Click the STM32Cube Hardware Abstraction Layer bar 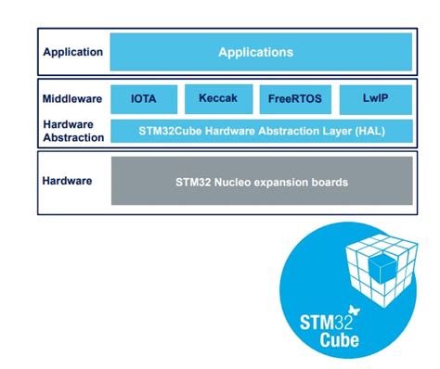260,130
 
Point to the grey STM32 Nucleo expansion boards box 261,182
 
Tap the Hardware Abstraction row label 71,131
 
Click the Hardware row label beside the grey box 67,181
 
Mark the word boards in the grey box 328,182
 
